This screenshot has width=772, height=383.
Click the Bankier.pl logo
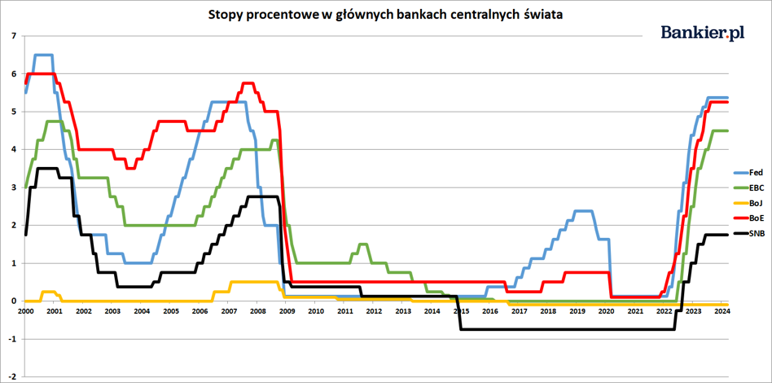tap(703, 33)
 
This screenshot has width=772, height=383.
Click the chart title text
tap(386, 15)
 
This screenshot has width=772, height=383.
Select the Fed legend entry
tap(749, 173)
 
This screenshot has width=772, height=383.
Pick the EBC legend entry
tap(749, 187)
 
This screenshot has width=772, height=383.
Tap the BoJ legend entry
tap(749, 203)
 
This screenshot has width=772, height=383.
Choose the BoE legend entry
tap(749, 218)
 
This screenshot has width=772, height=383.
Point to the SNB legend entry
tap(749, 234)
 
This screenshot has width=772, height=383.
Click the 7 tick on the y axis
tap(12, 36)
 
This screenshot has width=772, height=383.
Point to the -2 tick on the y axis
tap(11, 376)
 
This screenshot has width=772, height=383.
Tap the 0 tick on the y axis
tap(12, 302)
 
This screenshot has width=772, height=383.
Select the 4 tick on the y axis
tap(12, 149)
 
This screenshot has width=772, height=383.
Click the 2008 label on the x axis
tap(257, 311)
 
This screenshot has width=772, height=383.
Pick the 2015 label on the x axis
tap(460, 311)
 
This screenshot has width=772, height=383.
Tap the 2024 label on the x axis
tap(722, 311)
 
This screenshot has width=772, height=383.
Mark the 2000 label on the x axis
tap(25, 311)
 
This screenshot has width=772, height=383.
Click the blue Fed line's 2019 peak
tap(581, 211)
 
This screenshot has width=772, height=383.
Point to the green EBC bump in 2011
tap(363, 244)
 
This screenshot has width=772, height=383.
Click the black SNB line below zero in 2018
tap(548, 329)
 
